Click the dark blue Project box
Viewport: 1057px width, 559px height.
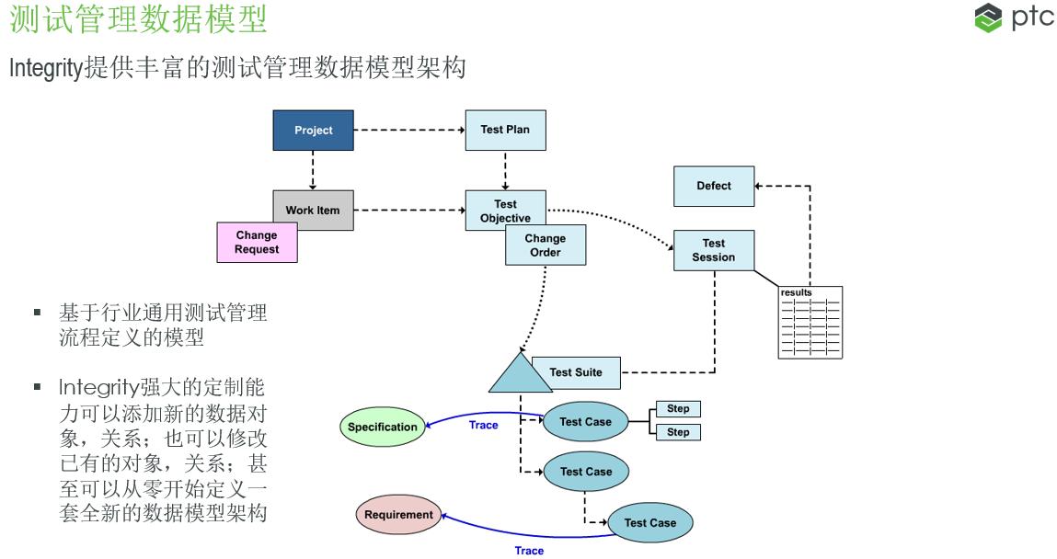point(313,131)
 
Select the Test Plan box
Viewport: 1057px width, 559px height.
point(505,130)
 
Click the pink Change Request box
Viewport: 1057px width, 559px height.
point(257,243)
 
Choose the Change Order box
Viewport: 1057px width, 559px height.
point(546,245)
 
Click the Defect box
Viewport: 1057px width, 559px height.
point(713,186)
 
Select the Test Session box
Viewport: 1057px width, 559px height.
point(713,250)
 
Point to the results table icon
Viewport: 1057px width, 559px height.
point(810,323)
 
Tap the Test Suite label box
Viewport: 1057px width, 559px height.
point(576,372)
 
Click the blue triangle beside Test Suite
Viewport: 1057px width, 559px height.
point(520,376)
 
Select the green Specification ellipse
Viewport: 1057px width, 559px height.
point(383,427)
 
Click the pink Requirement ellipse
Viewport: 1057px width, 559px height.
point(398,515)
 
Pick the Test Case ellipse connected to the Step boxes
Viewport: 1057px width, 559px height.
point(585,421)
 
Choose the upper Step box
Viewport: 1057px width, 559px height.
point(678,409)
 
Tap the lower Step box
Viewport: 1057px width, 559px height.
point(678,432)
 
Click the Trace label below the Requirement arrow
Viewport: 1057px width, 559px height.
point(529,551)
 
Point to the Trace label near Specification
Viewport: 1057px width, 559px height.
point(483,425)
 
